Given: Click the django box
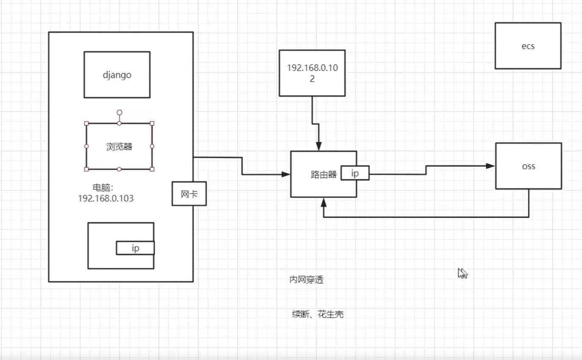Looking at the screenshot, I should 117,75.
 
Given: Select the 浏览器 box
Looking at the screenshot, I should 119,147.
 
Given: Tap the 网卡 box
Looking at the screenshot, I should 189,194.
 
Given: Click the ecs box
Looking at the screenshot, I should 528,46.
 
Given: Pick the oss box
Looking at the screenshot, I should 528,166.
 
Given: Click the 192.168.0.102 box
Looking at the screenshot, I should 312,73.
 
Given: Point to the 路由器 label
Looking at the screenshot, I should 323,174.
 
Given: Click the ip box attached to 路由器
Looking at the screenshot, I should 355,173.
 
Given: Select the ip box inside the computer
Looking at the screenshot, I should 135,248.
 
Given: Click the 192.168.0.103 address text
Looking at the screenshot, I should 106,198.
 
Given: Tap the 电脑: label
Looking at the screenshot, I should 104,188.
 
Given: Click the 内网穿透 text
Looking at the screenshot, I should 306,280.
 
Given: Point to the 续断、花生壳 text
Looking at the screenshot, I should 317,314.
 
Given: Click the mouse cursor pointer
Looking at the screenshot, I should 462,273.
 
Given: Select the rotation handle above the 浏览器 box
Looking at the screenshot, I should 119,113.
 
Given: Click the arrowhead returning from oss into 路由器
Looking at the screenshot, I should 324,202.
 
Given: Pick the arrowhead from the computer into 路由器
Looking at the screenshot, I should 286,174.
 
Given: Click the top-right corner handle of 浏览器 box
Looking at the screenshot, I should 152,123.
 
